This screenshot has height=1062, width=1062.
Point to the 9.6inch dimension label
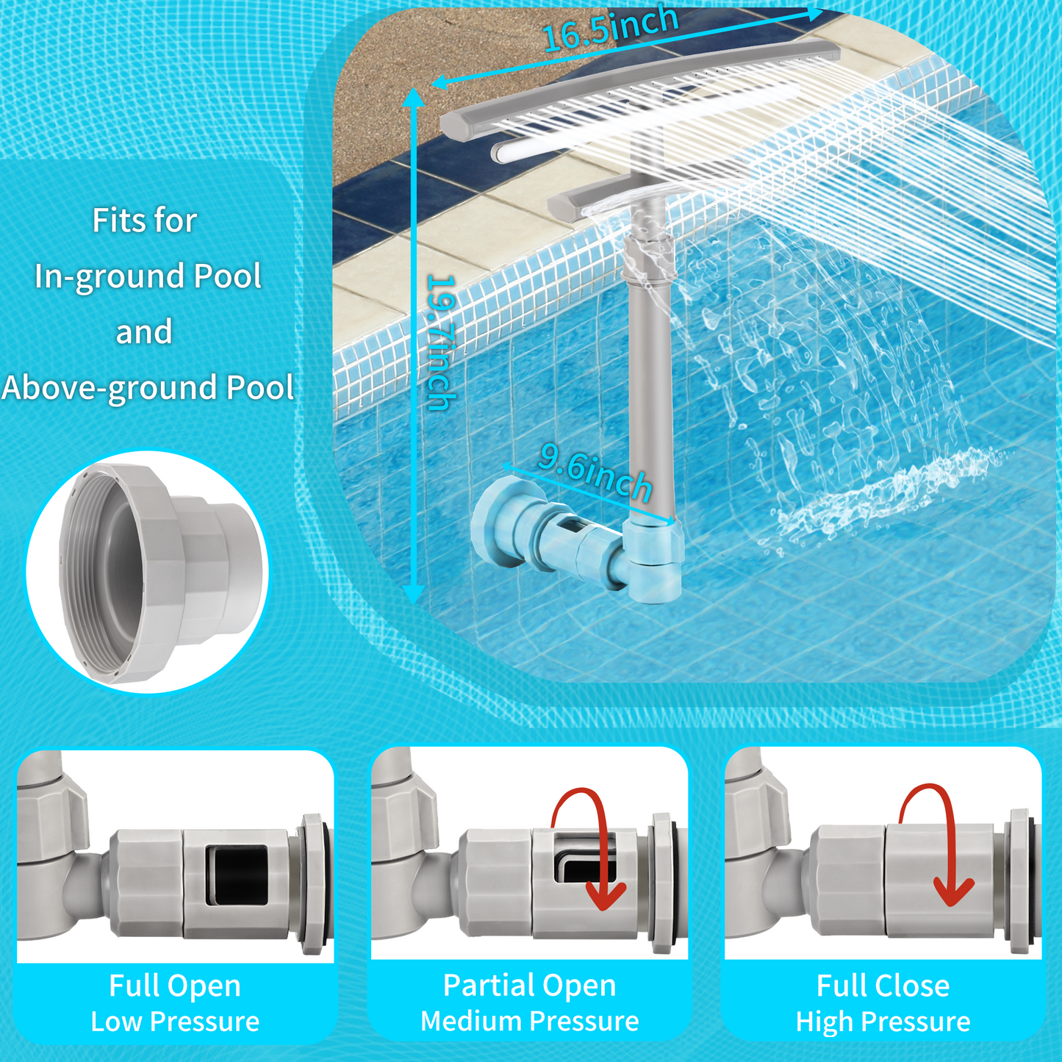coord(595,473)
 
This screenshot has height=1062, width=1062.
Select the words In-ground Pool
coord(148,276)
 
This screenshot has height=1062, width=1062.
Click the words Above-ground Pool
coord(148,388)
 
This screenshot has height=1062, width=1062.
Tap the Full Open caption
coord(175,986)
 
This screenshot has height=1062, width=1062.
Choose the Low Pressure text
coord(175,1022)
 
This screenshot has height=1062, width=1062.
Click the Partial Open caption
coord(529,986)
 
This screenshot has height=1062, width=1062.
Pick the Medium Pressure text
coord(529,1022)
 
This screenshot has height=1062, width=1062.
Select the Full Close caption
coord(883,986)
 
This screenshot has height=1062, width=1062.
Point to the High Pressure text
coord(883,1022)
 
